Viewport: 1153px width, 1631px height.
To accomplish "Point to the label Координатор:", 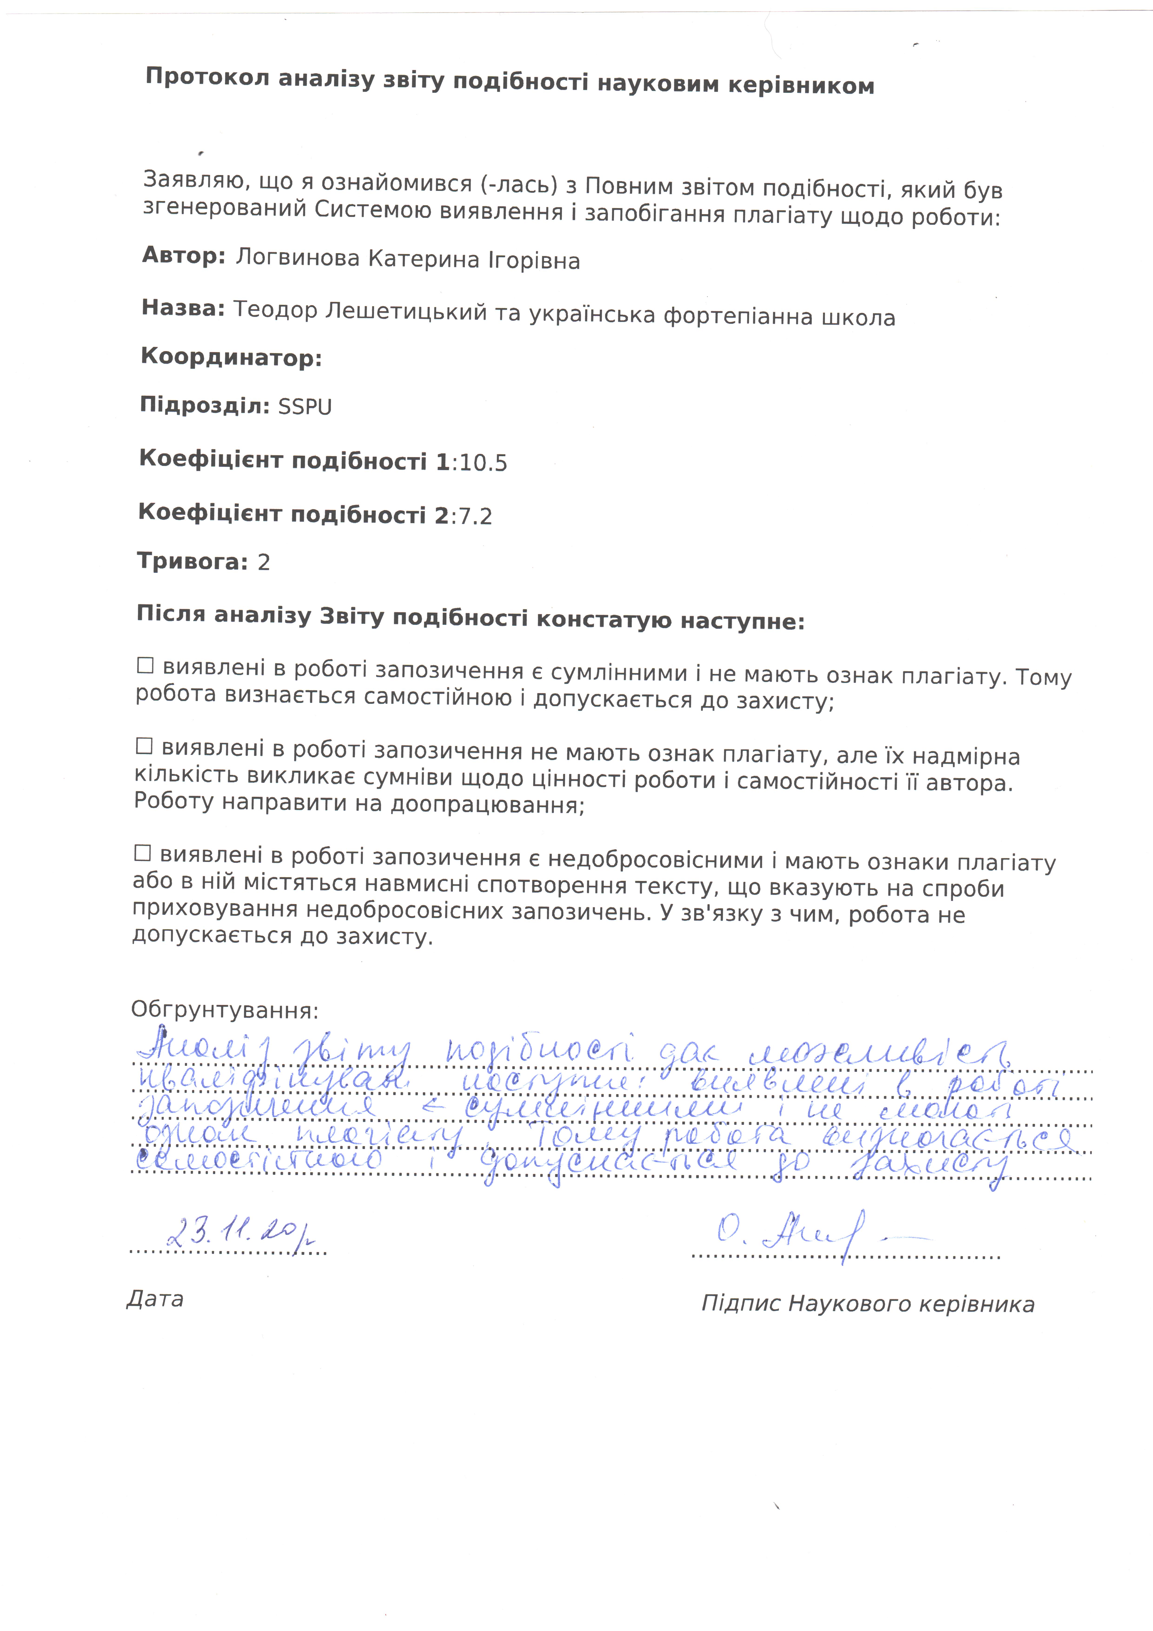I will click(231, 357).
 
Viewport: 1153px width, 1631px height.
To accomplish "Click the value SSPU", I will click(305, 407).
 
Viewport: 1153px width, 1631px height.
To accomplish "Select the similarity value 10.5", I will click(483, 463).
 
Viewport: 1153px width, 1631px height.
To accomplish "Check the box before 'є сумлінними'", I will click(145, 666).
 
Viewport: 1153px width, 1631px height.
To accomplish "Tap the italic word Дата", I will click(155, 1299).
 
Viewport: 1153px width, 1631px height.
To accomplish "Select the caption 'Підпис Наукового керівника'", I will click(867, 1304).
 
